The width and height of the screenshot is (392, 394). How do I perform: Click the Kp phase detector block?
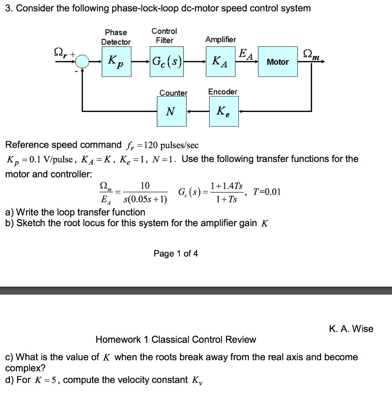click(x=116, y=62)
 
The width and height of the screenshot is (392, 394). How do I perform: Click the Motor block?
click(x=278, y=62)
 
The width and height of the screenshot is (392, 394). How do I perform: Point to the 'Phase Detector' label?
click(x=116, y=37)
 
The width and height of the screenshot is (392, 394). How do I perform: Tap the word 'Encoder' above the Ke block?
click(x=223, y=92)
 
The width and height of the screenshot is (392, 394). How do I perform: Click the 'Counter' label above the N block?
click(x=173, y=93)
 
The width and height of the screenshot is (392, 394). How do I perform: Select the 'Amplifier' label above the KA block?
click(x=220, y=40)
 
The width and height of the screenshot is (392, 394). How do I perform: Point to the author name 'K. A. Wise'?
click(x=351, y=329)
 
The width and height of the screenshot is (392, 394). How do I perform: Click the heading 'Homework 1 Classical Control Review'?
click(x=175, y=339)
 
